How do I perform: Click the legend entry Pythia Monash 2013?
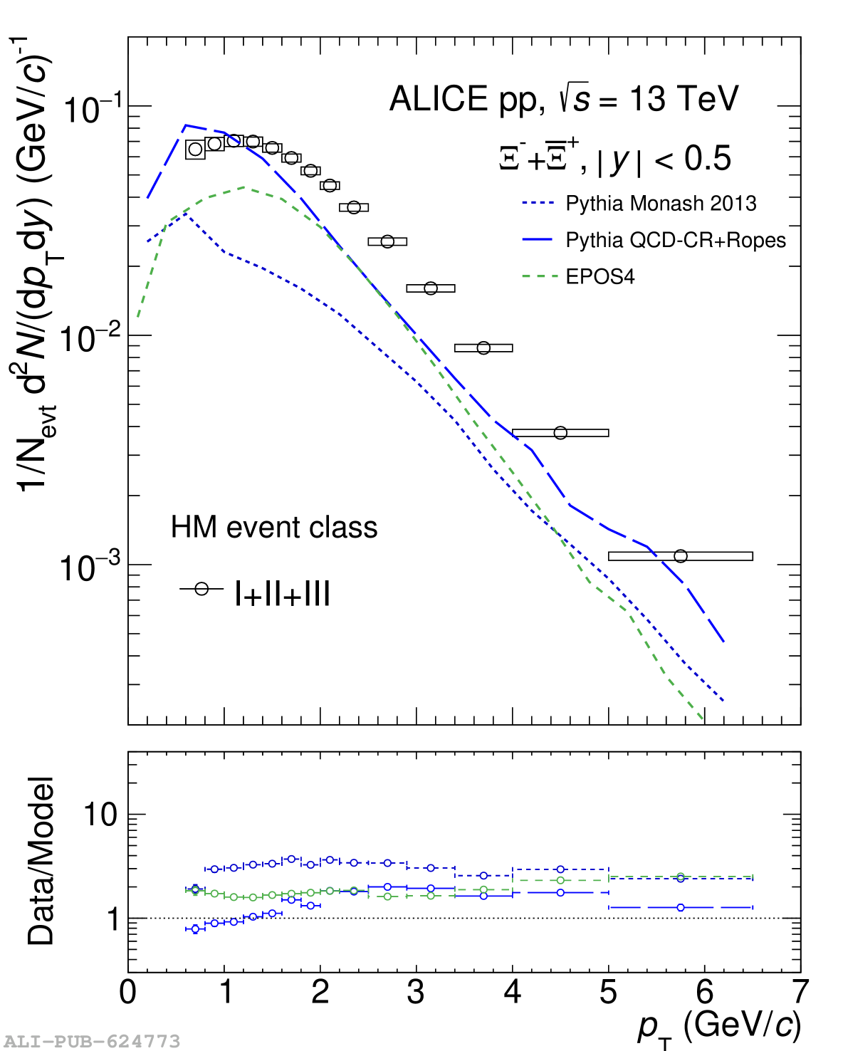660,204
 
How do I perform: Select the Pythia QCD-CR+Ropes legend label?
675,240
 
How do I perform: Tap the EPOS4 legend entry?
599,276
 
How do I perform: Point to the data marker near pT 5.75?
681,555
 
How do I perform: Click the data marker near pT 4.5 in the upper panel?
560,432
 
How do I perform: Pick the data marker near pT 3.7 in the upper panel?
483,347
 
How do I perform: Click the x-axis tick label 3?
416,992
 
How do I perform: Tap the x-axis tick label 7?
800,992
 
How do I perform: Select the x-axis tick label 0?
128,992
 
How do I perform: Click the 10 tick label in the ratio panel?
100,815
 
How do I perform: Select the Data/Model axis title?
41,861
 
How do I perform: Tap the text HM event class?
274,528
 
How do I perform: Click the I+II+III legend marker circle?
201,589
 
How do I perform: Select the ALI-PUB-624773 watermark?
92,1042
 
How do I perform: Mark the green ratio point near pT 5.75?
681,877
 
